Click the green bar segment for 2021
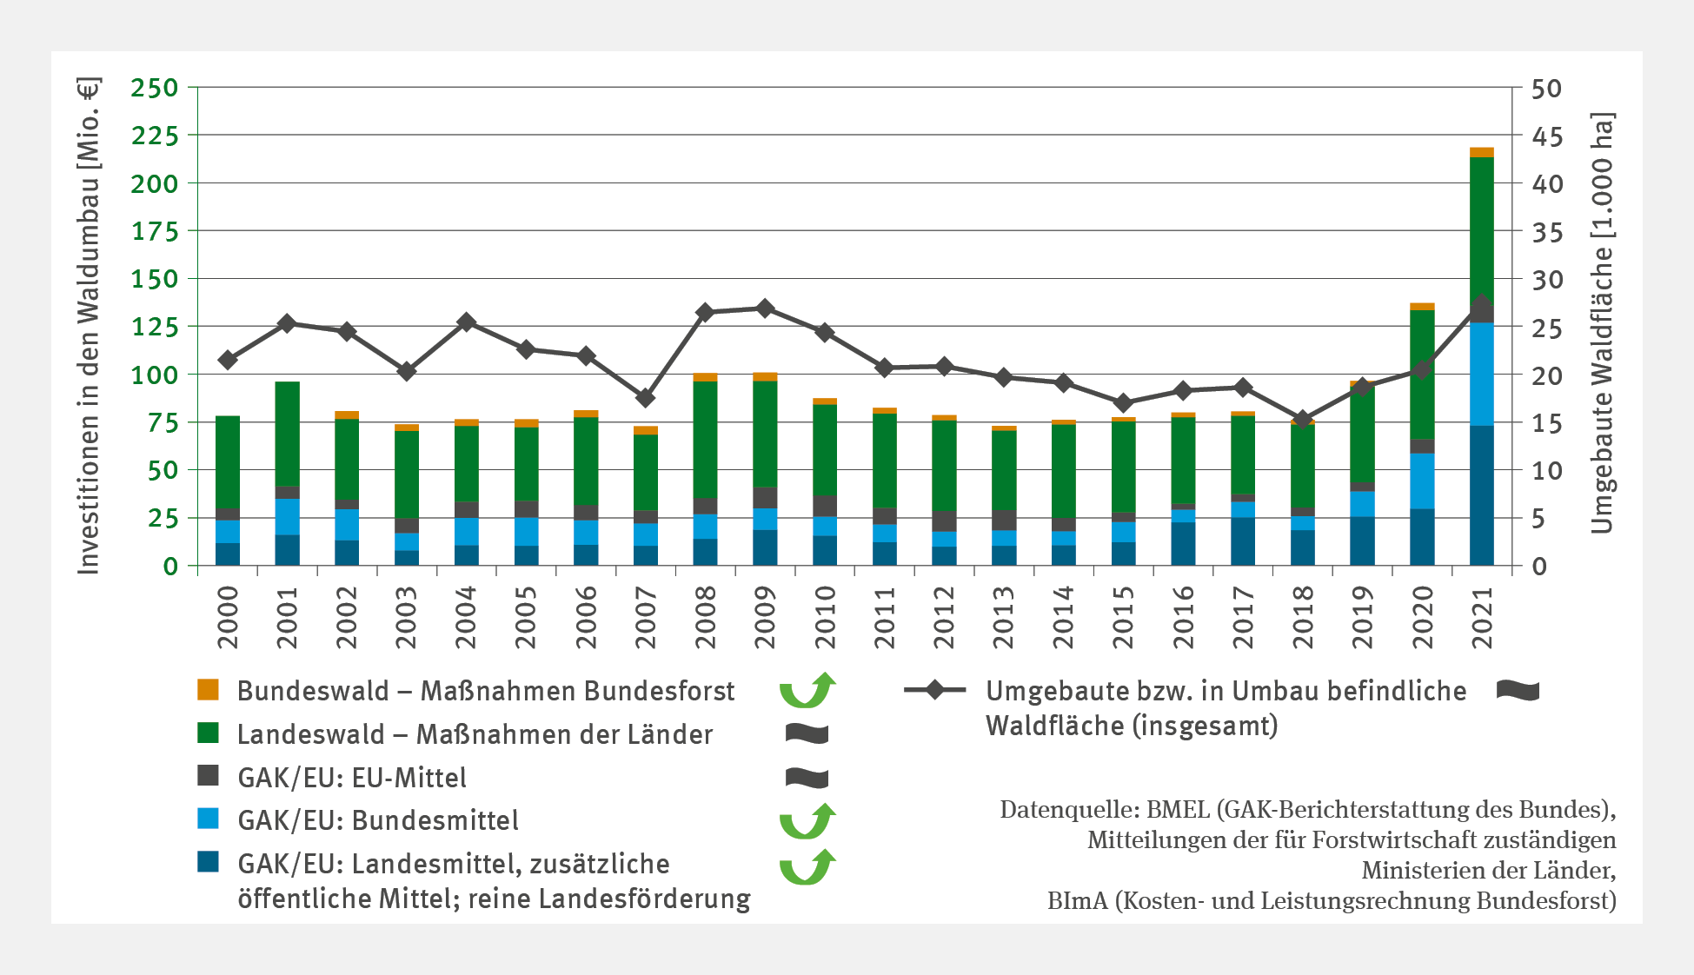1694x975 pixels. pyautogui.click(x=1481, y=226)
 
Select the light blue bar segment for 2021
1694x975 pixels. pyautogui.click(x=1481, y=374)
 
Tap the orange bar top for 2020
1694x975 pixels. pyautogui.click(x=1422, y=307)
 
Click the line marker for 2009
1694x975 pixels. pyautogui.click(x=765, y=308)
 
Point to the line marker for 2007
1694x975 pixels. pyautogui.click(x=645, y=398)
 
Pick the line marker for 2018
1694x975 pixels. pyautogui.click(x=1302, y=420)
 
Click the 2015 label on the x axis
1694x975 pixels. pyautogui.click(x=1123, y=617)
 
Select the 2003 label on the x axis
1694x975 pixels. pyautogui.click(x=406, y=617)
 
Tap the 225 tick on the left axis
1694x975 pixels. pyautogui.click(x=154, y=136)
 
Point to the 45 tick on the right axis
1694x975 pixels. pyautogui.click(x=1547, y=136)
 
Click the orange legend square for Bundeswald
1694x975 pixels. pyautogui.click(x=209, y=690)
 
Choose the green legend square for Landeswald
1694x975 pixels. pyautogui.click(x=209, y=733)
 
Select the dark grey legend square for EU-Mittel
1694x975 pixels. pyautogui.click(x=209, y=776)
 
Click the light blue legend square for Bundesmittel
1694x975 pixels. pyautogui.click(x=209, y=819)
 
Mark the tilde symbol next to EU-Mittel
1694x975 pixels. pyautogui.click(x=807, y=778)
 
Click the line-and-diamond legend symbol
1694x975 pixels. pyautogui.click(x=934, y=690)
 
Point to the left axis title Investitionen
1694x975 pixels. pyautogui.click(x=89, y=326)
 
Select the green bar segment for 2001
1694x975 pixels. pyautogui.click(x=287, y=434)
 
